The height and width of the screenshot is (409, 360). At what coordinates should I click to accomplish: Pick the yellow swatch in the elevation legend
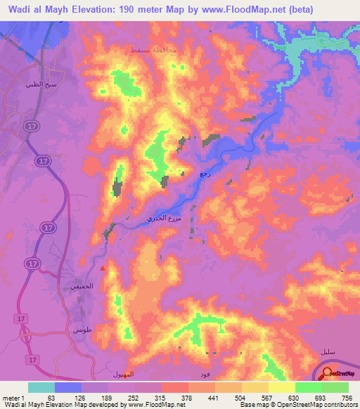[281, 387]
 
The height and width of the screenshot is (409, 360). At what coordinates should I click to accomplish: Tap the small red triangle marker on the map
[103, 268]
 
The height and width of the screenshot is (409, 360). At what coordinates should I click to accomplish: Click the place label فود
[204, 373]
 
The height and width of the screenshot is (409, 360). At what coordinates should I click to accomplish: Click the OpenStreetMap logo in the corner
[341, 372]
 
